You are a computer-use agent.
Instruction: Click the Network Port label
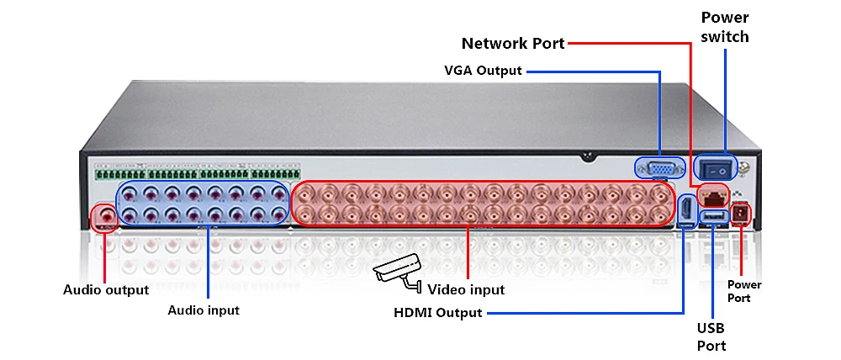(x=513, y=43)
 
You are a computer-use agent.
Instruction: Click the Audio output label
(x=106, y=290)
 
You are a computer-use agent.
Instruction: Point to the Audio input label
(x=204, y=310)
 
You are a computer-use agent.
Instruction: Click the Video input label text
(x=466, y=290)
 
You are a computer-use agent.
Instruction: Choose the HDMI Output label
(x=438, y=314)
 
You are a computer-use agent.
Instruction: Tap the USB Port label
(x=711, y=336)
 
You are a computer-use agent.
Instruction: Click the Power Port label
(x=744, y=291)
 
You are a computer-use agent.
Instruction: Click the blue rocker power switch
(x=716, y=167)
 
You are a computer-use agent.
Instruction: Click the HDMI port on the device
(x=685, y=210)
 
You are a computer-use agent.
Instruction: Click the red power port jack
(x=740, y=214)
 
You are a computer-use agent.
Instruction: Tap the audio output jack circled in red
(x=104, y=217)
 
